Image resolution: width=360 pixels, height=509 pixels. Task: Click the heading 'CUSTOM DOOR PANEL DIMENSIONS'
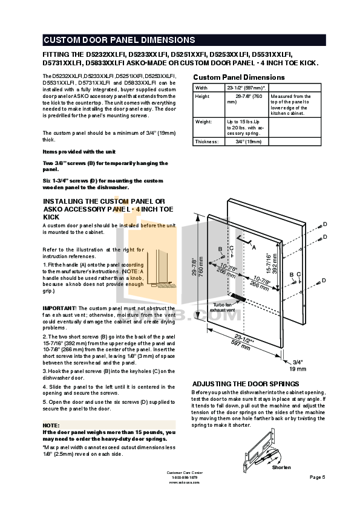tap(119, 41)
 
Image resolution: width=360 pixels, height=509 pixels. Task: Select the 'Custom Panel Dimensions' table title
tap(238, 77)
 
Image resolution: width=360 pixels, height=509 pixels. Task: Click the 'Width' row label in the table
tap(202, 88)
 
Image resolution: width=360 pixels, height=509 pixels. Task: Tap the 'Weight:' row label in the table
tap(204, 121)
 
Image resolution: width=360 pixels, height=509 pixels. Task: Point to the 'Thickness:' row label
tap(207, 141)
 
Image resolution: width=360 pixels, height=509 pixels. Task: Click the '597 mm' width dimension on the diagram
tap(237, 342)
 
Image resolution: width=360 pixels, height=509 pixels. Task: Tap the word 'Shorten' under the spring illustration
tap(281, 467)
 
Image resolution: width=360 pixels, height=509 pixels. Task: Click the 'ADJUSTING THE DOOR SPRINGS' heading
tap(245, 384)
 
